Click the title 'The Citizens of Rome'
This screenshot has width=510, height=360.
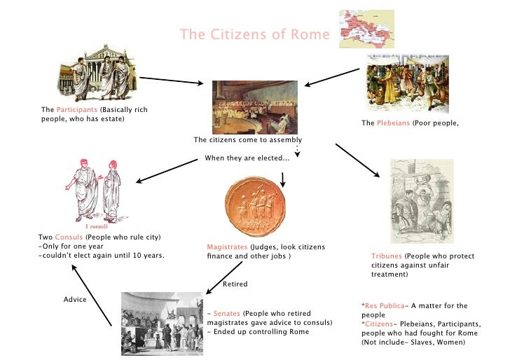click(x=254, y=34)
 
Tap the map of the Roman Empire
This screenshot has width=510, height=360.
click(x=366, y=29)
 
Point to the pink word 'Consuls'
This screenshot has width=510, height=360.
click(x=69, y=237)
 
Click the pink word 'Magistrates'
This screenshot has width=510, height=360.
click(x=227, y=247)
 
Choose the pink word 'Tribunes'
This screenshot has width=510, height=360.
click(x=387, y=256)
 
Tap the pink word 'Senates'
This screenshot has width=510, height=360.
click(x=227, y=313)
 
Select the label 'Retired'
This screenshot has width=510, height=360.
click(x=235, y=284)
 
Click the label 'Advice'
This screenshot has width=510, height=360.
click(x=75, y=300)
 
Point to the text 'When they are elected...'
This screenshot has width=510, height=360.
click(x=247, y=158)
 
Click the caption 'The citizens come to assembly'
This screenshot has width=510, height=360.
click(x=247, y=139)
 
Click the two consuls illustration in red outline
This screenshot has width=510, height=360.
click(x=94, y=193)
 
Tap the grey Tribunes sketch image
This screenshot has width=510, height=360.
click(x=421, y=201)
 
